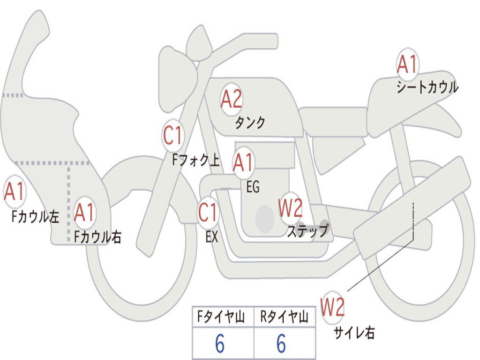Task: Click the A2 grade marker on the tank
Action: pyautogui.click(x=232, y=99)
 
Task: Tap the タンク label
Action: pyautogui.click(x=250, y=122)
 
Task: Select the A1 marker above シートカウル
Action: pyautogui.click(x=407, y=64)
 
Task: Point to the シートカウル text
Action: pyautogui.click(x=427, y=87)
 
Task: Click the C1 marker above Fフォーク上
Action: pyautogui.click(x=172, y=135)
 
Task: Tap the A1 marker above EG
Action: pyautogui.click(x=243, y=162)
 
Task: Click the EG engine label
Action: pyautogui.click(x=253, y=187)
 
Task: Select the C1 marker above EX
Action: pyautogui.click(x=208, y=212)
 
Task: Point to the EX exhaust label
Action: pyautogui.click(x=212, y=237)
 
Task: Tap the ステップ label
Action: pyautogui.click(x=308, y=231)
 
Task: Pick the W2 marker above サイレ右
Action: pyautogui.click(x=332, y=307)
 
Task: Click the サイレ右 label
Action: pyautogui.click(x=354, y=332)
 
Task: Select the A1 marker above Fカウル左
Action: pyautogui.click(x=15, y=191)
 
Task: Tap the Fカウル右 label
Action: pyautogui.click(x=97, y=237)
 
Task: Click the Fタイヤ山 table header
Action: pyautogui.click(x=221, y=316)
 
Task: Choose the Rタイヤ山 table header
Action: pyautogui.click(x=284, y=316)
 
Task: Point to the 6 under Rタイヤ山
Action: pyautogui.click(x=281, y=343)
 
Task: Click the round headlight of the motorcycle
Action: pyautogui.click(x=178, y=79)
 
